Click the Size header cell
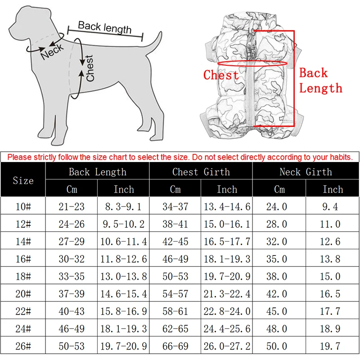point(23,180)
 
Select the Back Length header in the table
point(97,172)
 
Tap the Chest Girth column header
point(201,172)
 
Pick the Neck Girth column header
point(306,172)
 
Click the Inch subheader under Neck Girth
point(333,189)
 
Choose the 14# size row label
point(23,242)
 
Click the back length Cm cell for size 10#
point(72,207)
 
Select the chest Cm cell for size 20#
point(175,293)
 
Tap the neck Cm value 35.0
point(279,259)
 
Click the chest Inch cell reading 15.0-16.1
point(227,224)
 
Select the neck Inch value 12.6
point(333,242)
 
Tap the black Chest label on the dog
point(90,68)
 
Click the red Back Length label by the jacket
point(320,80)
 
